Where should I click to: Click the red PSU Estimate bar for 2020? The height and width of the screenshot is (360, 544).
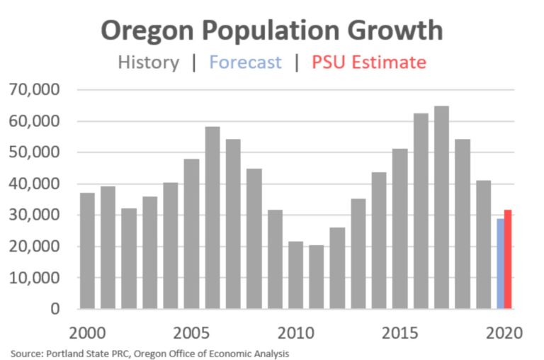click(508, 259)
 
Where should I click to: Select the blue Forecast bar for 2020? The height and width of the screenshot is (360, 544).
click(500, 264)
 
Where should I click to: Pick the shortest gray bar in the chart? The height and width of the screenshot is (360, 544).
click(316, 276)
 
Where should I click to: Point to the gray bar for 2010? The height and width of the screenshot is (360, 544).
click(295, 275)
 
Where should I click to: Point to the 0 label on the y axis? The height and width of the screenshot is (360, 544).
click(56, 309)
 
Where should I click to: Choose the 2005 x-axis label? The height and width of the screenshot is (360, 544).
click(191, 332)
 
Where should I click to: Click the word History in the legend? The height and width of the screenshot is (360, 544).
click(148, 62)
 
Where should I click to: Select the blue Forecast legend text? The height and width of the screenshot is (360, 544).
click(245, 62)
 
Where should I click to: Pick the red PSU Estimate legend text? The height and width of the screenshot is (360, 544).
click(369, 62)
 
